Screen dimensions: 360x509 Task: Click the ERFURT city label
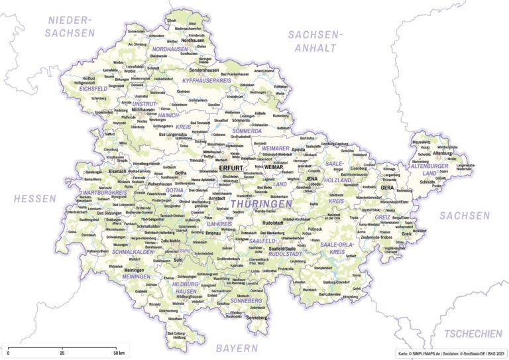(x=231, y=168)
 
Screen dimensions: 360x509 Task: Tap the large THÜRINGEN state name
(x=260, y=204)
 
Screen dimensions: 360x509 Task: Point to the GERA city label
(x=387, y=188)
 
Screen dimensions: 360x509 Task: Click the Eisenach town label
(x=117, y=171)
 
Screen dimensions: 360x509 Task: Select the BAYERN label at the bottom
(x=237, y=347)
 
